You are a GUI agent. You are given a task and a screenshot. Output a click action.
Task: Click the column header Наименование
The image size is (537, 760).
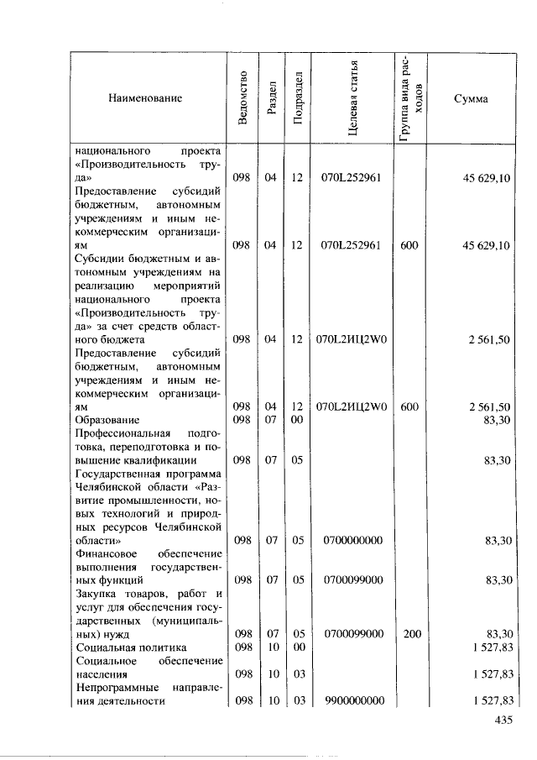(x=145, y=98)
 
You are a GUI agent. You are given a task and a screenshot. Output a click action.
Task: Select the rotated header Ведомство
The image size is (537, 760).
(x=242, y=97)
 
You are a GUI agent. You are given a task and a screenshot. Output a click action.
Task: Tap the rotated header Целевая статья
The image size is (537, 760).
(x=353, y=97)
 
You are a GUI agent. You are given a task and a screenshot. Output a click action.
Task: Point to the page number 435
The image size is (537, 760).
(x=503, y=720)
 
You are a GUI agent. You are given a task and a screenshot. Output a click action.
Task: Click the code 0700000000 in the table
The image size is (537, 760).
(x=353, y=540)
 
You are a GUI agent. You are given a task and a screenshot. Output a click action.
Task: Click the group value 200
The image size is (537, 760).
(x=411, y=633)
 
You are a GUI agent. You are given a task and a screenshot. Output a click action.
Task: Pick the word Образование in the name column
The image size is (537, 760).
(x=107, y=419)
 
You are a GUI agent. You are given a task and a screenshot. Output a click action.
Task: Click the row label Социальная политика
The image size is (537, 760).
(x=130, y=647)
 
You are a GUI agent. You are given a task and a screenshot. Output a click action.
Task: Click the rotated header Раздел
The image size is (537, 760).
(x=270, y=97)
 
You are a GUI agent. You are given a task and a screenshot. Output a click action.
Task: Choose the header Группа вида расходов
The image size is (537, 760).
(x=411, y=97)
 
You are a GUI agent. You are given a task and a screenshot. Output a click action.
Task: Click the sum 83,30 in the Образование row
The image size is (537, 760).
(x=498, y=419)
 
